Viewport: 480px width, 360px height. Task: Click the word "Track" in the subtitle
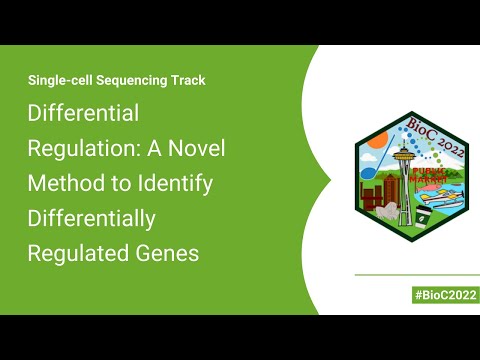click(x=187, y=80)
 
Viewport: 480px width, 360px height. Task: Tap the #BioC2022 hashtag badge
click(x=445, y=295)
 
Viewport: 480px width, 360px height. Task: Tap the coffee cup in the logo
click(x=424, y=211)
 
